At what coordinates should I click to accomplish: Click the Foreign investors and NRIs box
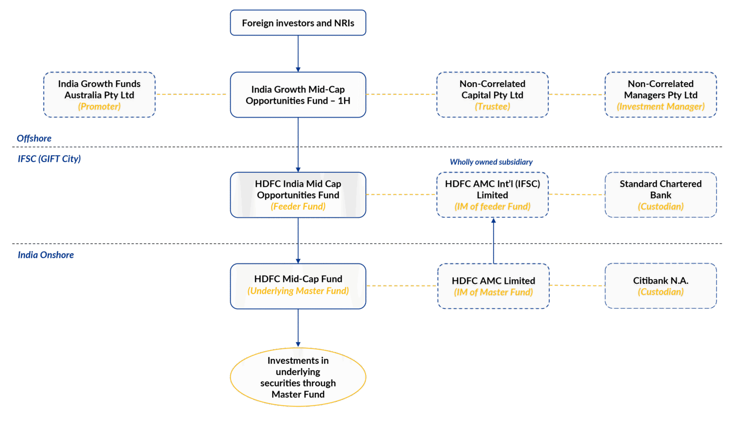click(x=298, y=23)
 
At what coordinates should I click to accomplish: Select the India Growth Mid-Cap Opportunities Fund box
click(x=298, y=95)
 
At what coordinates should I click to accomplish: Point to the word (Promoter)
click(x=99, y=107)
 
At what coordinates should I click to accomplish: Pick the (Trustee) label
click(x=492, y=107)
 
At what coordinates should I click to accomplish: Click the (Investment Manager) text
click(x=660, y=107)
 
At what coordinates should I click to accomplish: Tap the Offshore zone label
click(x=34, y=139)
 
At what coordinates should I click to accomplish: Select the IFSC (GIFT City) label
click(x=49, y=159)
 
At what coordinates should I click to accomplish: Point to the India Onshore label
click(x=46, y=255)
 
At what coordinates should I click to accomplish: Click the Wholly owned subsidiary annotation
click(x=491, y=162)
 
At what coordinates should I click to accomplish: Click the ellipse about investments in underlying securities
click(x=298, y=377)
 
